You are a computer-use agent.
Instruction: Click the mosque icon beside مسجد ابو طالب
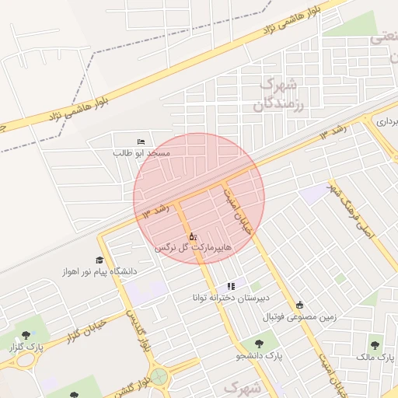[x=140, y=141]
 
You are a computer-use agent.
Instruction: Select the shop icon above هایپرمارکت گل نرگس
[x=192, y=235]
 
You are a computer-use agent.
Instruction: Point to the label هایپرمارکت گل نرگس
[x=192, y=246]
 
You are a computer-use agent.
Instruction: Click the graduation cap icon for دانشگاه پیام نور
[x=99, y=260]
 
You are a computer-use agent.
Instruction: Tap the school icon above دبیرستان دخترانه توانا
[x=230, y=287]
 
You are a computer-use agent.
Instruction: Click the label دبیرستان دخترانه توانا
[x=231, y=298]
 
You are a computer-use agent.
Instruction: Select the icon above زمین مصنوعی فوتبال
[x=300, y=305]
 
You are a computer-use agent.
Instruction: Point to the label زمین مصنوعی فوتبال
[x=300, y=316]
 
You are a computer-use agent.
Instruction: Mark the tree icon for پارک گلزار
[x=26, y=334]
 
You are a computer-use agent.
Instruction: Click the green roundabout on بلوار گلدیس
[x=160, y=378]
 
